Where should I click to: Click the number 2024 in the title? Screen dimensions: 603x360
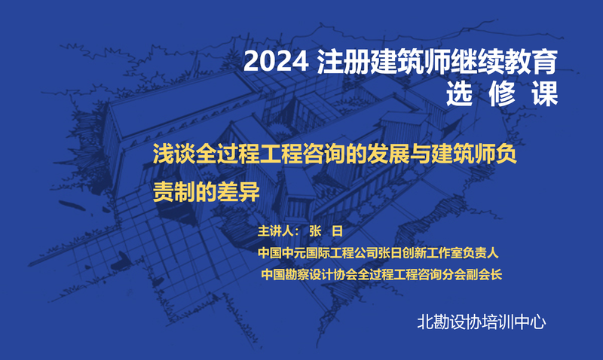pos(276,62)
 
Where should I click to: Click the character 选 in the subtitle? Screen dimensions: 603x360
pos(459,93)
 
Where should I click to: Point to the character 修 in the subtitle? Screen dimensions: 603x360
pos(502,93)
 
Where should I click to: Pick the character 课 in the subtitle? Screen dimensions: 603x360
pos(545,93)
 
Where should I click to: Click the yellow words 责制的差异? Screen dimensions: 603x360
pos(207,191)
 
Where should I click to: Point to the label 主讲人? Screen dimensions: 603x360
pos(276,231)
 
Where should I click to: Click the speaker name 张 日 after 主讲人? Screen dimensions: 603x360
pos(326,231)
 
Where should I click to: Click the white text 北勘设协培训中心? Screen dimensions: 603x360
pos(482,322)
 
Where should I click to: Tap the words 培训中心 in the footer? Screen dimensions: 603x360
pos(514,322)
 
